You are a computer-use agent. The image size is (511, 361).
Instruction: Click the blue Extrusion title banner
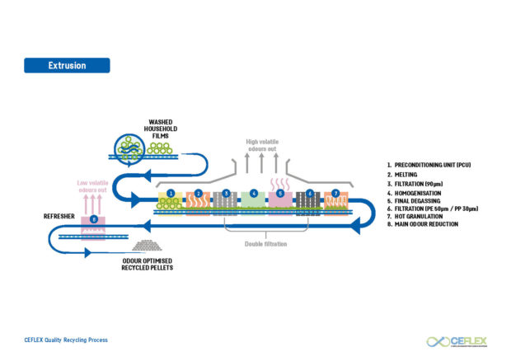coord(67,65)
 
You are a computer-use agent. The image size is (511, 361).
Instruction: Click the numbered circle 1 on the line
coord(171,193)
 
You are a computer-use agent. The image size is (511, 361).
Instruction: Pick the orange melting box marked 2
coord(198,202)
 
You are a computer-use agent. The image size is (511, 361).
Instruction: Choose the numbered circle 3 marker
coord(226,193)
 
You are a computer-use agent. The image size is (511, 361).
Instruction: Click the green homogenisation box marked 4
coord(254,202)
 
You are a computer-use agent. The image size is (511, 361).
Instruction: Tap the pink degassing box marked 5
coord(281,202)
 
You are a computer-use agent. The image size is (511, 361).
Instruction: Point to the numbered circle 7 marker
coord(335,193)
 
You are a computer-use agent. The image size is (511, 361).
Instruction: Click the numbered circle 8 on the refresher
coord(94,220)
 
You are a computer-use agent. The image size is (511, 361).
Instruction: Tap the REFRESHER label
coord(59,216)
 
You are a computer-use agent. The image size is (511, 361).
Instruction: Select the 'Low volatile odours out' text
coord(93,186)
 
